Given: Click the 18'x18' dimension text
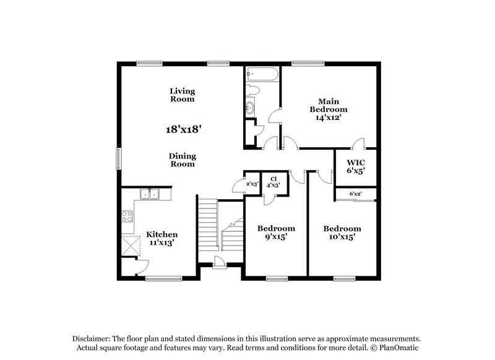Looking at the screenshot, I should tap(184, 129).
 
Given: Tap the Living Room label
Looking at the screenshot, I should tap(183, 95).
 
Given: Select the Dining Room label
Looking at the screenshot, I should tap(183, 160).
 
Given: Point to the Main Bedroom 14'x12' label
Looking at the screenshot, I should tap(329, 109).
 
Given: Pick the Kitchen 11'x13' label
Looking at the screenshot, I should tap(161, 239).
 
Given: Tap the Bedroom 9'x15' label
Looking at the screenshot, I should tap(276, 232).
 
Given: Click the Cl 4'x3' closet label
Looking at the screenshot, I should tap(273, 181).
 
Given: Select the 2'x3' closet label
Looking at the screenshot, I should tap(252, 183).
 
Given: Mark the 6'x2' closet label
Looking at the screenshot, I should tap(355, 194).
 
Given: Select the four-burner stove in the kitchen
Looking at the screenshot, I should tap(127, 216).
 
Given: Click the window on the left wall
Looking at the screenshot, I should tap(118, 157).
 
